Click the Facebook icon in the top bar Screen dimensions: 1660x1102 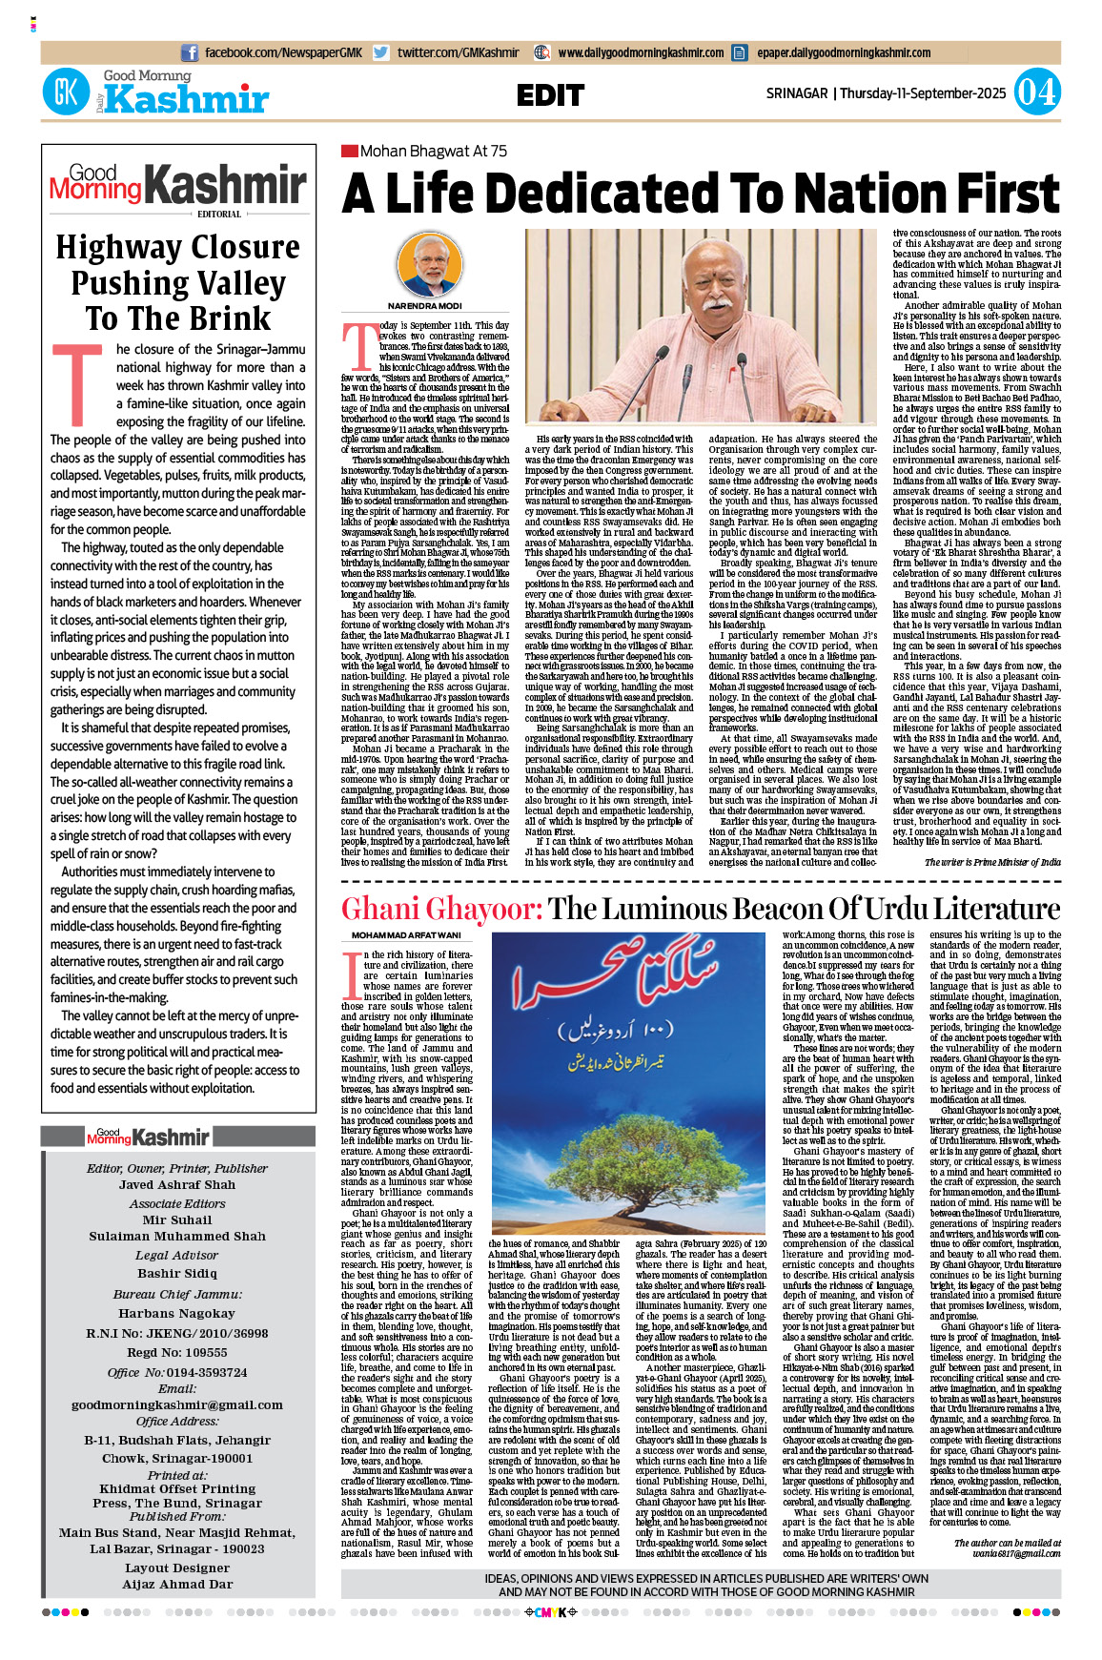tap(190, 53)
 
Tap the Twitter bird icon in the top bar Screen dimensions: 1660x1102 tap(380, 53)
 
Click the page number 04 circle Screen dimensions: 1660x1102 tap(1036, 92)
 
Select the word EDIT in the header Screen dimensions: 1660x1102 tap(550, 95)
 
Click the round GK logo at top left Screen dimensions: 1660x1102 tap(66, 92)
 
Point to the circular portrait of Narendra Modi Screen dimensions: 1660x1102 tap(424, 264)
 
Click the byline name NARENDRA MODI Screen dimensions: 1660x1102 tap(424, 306)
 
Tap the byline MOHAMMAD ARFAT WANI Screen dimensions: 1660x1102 tap(405, 935)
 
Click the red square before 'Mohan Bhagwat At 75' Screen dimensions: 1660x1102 tap(349, 151)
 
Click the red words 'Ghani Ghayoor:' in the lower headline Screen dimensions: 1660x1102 tap(441, 909)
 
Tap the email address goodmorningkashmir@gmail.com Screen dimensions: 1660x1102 tap(177, 1404)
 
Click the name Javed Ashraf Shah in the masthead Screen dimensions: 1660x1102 tap(177, 1185)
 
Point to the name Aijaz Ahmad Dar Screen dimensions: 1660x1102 tap(177, 1585)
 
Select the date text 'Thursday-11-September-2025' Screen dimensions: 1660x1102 tap(923, 93)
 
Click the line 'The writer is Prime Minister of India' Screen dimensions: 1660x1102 tap(992, 862)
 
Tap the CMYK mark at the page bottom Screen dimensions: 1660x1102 tap(551, 1612)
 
